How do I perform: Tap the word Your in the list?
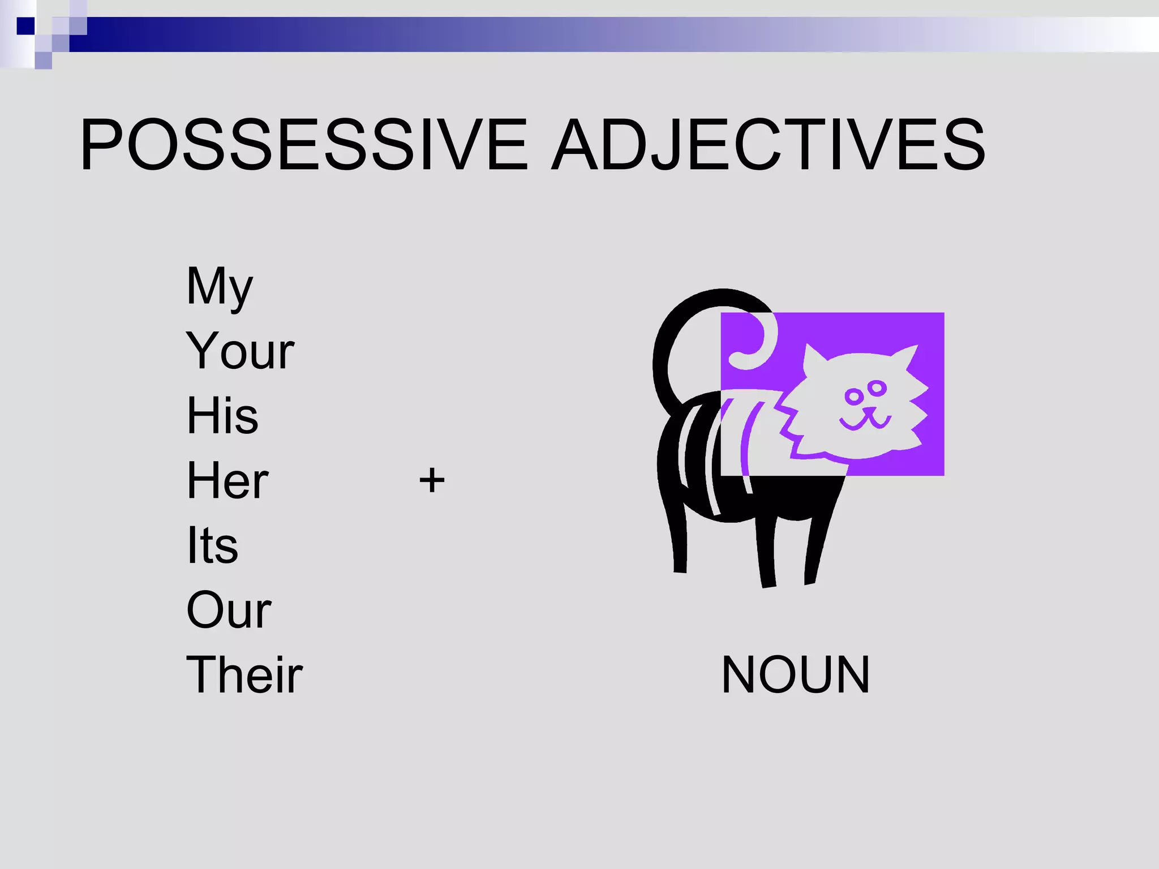click(240, 351)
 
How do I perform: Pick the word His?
click(222, 416)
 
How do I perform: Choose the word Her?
click(227, 481)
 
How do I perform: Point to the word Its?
click(212, 545)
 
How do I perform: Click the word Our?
click(229, 610)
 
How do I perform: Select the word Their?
click(244, 675)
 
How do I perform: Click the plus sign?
click(432, 480)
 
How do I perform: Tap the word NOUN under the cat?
click(795, 675)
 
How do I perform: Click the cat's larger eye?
click(853, 396)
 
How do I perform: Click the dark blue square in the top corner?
click(25, 26)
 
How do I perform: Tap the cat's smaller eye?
click(877, 388)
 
